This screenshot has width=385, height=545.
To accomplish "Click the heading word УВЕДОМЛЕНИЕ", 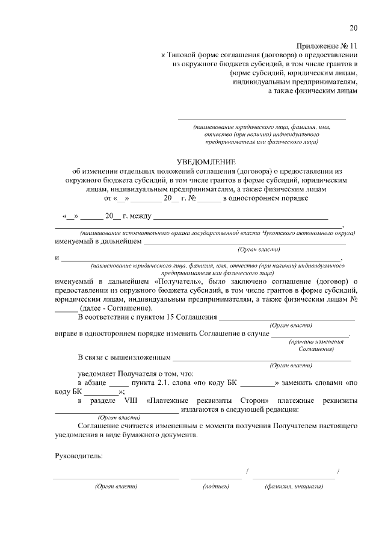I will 206,162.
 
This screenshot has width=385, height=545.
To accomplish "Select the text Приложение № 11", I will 327,46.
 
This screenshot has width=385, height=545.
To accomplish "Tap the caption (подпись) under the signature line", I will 216,486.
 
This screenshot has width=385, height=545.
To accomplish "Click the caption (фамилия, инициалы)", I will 294,486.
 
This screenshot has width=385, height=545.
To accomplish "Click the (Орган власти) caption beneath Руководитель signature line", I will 117,486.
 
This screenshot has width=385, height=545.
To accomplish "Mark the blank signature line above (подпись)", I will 216,478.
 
